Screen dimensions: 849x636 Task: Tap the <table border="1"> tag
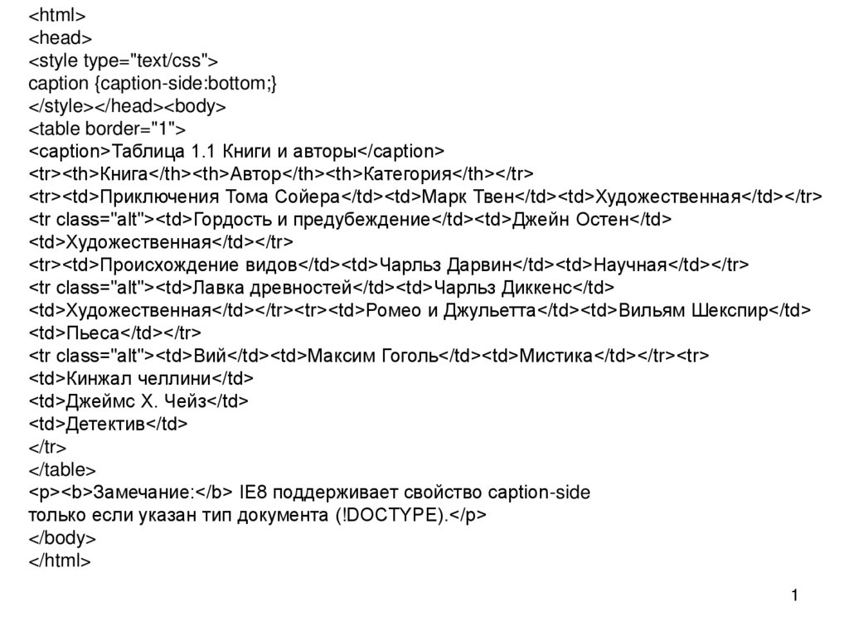pyautogui.click(x=108, y=129)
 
